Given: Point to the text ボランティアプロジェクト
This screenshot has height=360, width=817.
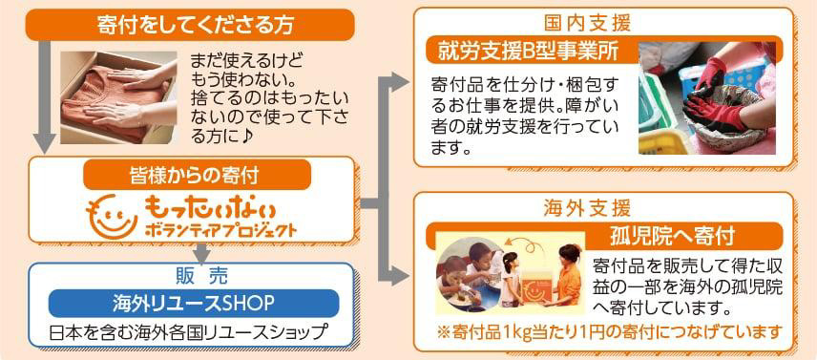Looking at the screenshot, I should [218, 231].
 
